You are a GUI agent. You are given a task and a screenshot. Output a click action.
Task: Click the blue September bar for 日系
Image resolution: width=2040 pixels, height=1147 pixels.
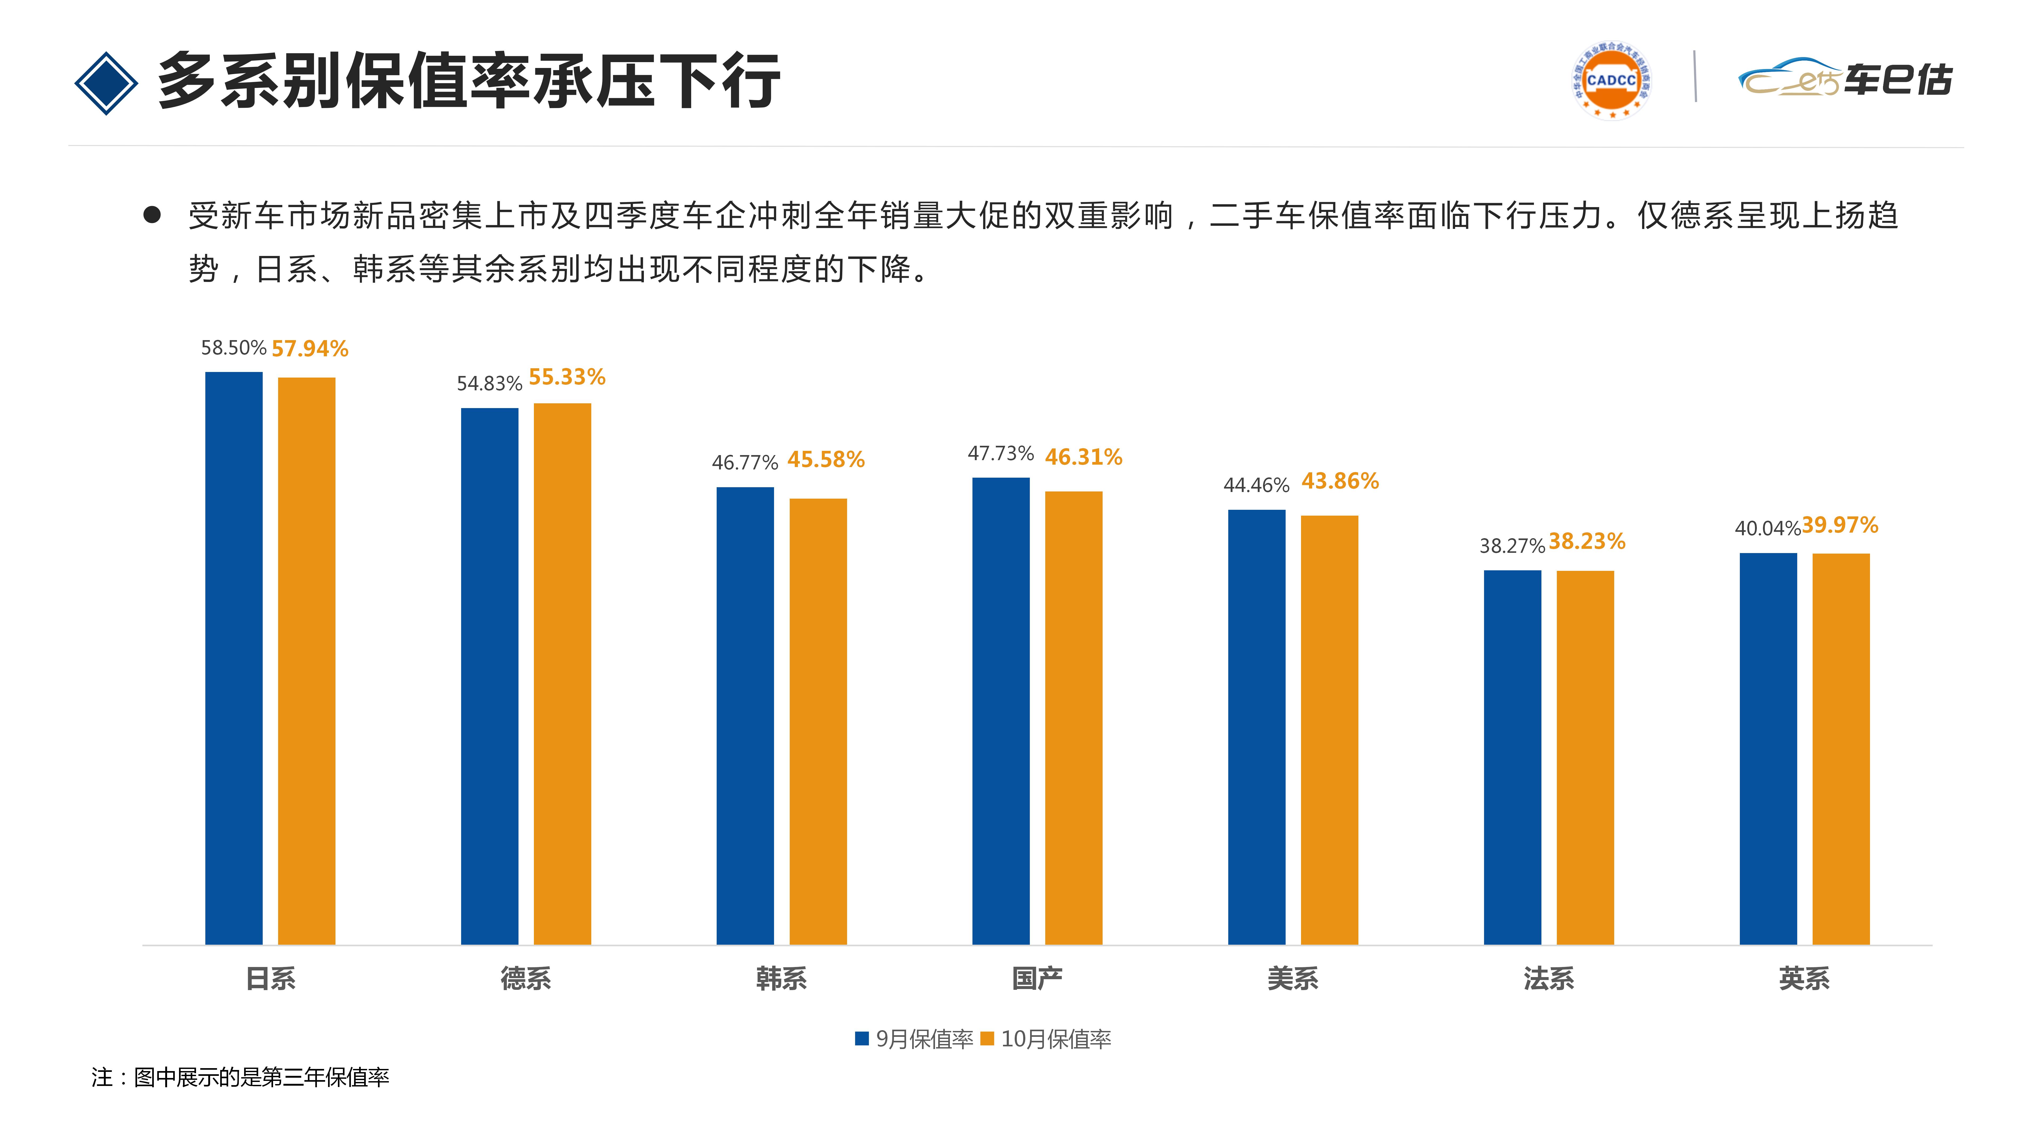pos(234,657)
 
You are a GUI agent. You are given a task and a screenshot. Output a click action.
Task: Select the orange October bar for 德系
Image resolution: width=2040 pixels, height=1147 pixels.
pos(562,673)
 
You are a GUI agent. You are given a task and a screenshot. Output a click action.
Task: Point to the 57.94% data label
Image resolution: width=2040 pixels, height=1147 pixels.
pos(310,348)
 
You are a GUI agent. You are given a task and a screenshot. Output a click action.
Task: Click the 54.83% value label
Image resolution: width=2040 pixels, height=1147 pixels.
pos(489,384)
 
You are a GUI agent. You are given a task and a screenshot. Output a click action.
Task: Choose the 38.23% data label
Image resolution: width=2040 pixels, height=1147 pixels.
pos(1587,541)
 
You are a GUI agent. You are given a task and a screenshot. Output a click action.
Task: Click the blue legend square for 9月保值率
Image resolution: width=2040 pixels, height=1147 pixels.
pos(862,1039)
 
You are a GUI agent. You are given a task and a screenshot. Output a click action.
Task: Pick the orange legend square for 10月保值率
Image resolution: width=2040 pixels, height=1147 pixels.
pos(987,1039)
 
